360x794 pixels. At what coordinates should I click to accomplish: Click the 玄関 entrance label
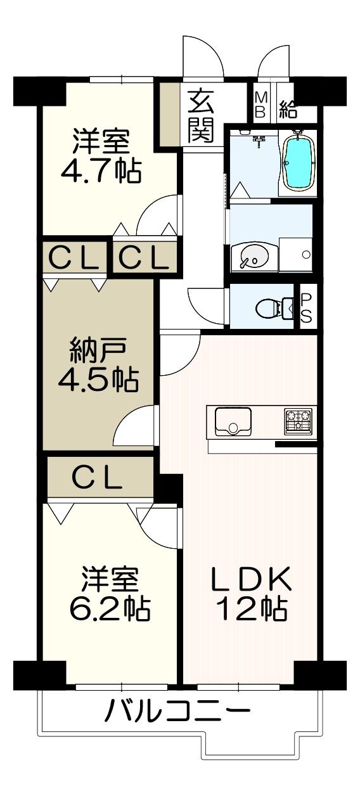coord(201,116)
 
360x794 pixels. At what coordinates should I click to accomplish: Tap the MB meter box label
coord(260,105)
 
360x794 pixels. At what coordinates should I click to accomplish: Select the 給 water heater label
coord(287,108)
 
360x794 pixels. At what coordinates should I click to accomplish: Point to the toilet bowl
coord(274,308)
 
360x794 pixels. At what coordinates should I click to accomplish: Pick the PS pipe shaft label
coord(306,307)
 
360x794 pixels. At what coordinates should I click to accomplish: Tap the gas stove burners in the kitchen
coord(298,421)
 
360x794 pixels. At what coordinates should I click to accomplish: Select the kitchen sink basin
coord(233,421)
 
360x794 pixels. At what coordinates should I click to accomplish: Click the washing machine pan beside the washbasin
coord(295,255)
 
